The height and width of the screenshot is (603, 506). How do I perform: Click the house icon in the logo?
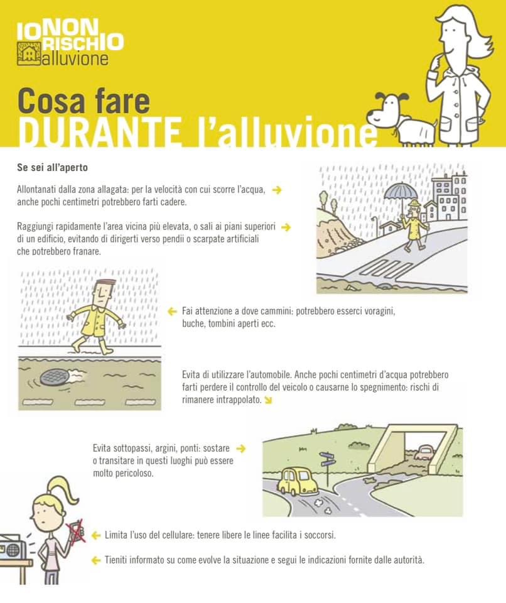tap(29, 53)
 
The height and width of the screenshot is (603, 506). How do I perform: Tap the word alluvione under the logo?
tap(75, 59)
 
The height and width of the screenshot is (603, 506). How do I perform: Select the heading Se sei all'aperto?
tap(52, 168)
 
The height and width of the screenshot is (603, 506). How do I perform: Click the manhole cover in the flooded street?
tap(55, 378)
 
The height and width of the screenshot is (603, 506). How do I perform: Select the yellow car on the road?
tap(297, 481)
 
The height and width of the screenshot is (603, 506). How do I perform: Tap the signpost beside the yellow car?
tap(327, 469)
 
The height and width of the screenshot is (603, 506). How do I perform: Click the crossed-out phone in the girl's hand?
tap(76, 531)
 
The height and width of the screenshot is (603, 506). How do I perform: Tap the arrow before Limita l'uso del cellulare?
tap(96, 535)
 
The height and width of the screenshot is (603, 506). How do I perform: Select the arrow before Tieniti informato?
tap(96, 560)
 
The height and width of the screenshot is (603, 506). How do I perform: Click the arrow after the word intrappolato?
tap(268, 400)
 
